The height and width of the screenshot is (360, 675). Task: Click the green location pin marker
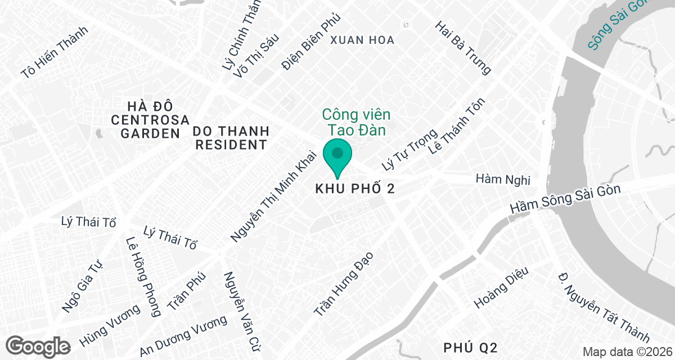click(x=337, y=157)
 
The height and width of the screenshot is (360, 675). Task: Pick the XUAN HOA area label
click(x=362, y=40)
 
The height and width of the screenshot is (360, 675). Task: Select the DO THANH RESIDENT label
click(x=231, y=138)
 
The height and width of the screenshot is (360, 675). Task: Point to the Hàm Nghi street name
click(x=503, y=179)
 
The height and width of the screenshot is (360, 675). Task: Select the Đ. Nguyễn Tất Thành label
click(x=604, y=307)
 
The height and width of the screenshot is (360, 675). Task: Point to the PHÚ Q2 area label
click(x=470, y=346)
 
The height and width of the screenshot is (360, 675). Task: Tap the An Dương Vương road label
click(x=183, y=335)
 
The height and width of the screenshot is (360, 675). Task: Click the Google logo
click(x=39, y=345)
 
